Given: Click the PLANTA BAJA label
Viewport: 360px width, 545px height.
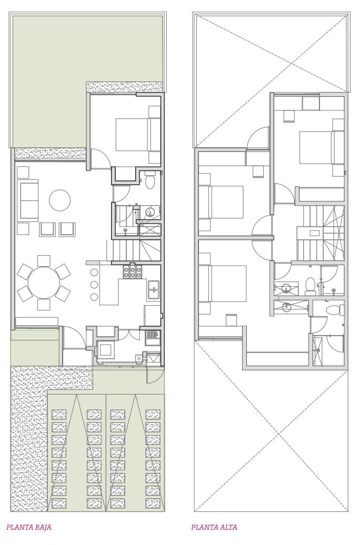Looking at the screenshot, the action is (29, 527).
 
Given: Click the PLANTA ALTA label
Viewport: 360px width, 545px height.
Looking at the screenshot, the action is (214, 527).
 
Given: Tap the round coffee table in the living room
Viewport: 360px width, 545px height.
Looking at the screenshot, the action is (60, 200).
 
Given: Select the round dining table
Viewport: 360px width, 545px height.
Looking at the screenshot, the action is (44, 282).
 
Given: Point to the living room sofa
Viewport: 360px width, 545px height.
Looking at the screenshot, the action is (29, 200).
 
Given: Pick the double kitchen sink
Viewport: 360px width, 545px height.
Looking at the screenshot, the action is (153, 290).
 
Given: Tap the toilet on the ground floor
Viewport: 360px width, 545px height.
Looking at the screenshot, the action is (150, 180).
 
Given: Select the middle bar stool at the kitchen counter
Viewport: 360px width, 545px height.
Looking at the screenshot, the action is (94, 285).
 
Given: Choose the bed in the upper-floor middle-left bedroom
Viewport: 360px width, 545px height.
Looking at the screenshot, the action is (221, 202).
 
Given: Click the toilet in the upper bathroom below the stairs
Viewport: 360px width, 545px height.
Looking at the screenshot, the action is (309, 286).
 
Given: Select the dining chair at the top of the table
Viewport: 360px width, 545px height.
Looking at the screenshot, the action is (44, 261).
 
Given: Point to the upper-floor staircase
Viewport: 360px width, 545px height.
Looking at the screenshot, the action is (320, 233).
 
